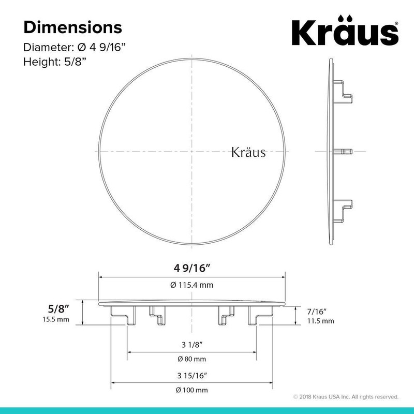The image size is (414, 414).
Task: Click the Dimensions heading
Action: coord(72,26)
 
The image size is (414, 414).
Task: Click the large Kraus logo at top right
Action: coord(346,32)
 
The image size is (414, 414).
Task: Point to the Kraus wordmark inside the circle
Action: coord(248,153)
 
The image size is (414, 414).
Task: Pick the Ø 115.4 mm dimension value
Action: coord(192,285)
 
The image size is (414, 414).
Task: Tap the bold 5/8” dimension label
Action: coord(56,308)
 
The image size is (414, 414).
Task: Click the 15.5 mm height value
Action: coord(55,319)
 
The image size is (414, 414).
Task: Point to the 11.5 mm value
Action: coord(321,321)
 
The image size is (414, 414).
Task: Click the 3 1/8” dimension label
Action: coord(191,345)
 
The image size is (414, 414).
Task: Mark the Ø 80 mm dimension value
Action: coord(192,359)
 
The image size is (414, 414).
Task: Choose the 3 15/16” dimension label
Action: coord(191,375)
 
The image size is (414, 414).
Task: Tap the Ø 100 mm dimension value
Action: coord(192,389)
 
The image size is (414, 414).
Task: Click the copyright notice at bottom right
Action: coord(345,397)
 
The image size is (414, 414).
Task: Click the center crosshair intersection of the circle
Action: coord(191,152)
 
